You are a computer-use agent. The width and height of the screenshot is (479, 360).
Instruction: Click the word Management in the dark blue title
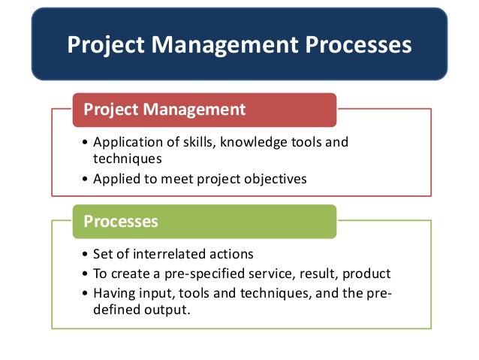click(224, 45)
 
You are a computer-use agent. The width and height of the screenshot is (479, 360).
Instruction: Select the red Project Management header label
click(164, 110)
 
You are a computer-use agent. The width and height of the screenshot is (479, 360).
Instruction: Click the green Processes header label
click(121, 221)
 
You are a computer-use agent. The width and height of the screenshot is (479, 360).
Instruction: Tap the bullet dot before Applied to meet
click(86, 179)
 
